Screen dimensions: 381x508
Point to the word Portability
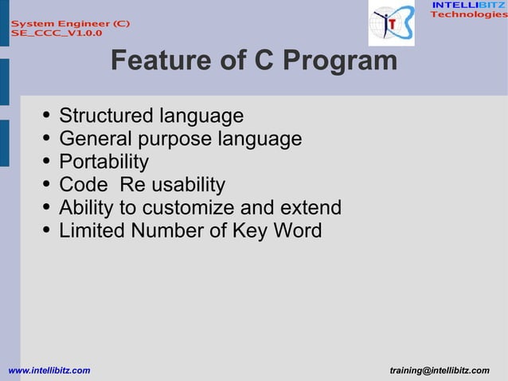104,162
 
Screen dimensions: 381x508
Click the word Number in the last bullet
165,231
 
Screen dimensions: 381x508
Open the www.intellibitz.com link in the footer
49,371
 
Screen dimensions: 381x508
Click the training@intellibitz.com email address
440,371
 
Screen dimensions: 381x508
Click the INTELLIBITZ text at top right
468,6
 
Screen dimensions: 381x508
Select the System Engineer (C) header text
70,23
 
